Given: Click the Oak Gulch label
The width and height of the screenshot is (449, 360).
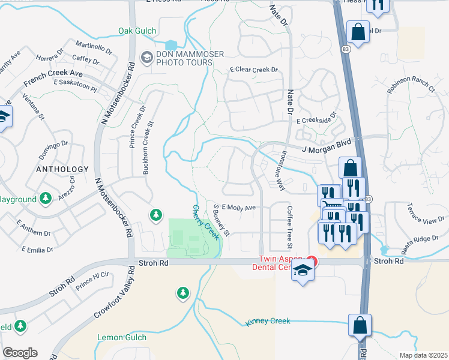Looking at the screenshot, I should pyautogui.click(x=137, y=31).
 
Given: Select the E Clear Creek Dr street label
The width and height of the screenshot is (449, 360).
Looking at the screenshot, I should pyautogui.click(x=254, y=70).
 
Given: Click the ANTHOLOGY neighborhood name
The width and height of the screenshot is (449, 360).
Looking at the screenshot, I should pyautogui.click(x=62, y=169).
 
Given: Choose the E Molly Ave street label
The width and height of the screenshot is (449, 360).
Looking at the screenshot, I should pyautogui.click(x=239, y=207).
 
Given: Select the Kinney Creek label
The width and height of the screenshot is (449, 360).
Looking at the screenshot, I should pyautogui.click(x=268, y=322).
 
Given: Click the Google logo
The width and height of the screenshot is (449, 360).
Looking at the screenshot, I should pyautogui.click(x=20, y=353).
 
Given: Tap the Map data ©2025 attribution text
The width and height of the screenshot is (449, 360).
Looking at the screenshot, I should pyautogui.click(x=423, y=355).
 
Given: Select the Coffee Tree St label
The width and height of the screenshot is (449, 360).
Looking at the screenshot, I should pyautogui.click(x=289, y=227).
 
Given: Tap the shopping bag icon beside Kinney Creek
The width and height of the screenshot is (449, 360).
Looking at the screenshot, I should pyautogui.click(x=360, y=326).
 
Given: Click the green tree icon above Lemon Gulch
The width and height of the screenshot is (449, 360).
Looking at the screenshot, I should pyautogui.click(x=182, y=293).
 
